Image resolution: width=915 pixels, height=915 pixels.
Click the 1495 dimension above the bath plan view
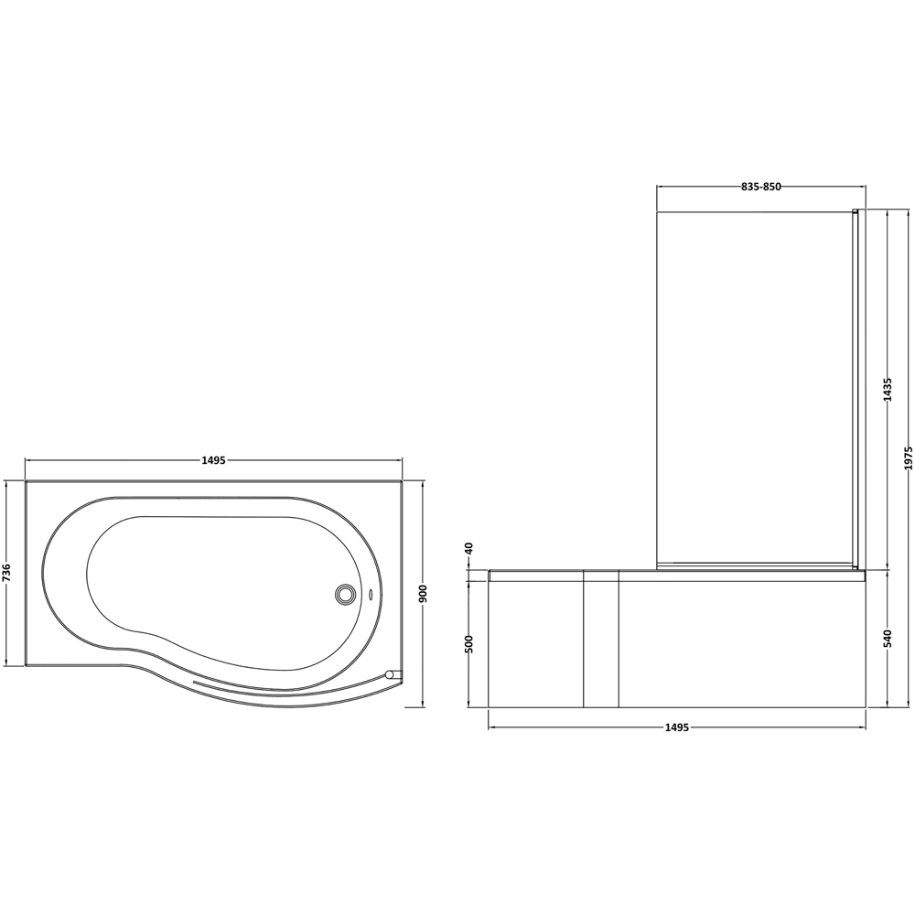pyautogui.click(x=212, y=460)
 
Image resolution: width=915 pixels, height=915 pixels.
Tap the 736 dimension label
pyautogui.click(x=7, y=574)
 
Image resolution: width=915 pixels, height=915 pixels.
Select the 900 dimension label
pyautogui.click(x=423, y=594)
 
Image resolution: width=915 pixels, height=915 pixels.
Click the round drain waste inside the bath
pyautogui.click(x=346, y=595)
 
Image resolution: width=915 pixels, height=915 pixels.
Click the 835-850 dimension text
pyautogui.click(x=760, y=187)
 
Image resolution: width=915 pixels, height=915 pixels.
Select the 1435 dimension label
pyautogui.click(x=887, y=391)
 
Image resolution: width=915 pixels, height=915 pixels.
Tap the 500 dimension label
pyautogui.click(x=469, y=643)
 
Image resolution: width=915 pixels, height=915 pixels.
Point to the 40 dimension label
pyautogui.click(x=469, y=548)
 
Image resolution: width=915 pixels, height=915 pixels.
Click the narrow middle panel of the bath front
pyautogui.click(x=601, y=640)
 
